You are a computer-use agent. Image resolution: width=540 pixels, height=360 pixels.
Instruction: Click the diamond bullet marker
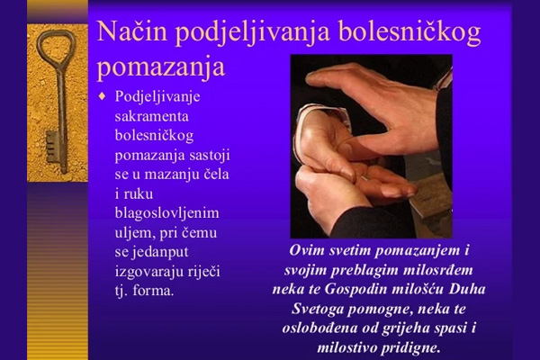[x=102, y=95]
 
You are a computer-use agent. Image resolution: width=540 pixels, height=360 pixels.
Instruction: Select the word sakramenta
[x=152, y=116]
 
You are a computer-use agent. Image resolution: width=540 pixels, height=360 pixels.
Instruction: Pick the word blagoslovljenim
[x=167, y=213]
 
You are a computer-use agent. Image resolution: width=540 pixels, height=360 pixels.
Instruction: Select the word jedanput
[x=159, y=252]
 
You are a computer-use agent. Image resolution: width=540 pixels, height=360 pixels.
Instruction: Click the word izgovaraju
[x=149, y=272]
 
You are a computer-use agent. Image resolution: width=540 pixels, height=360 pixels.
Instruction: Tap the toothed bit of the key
[x=51, y=147]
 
